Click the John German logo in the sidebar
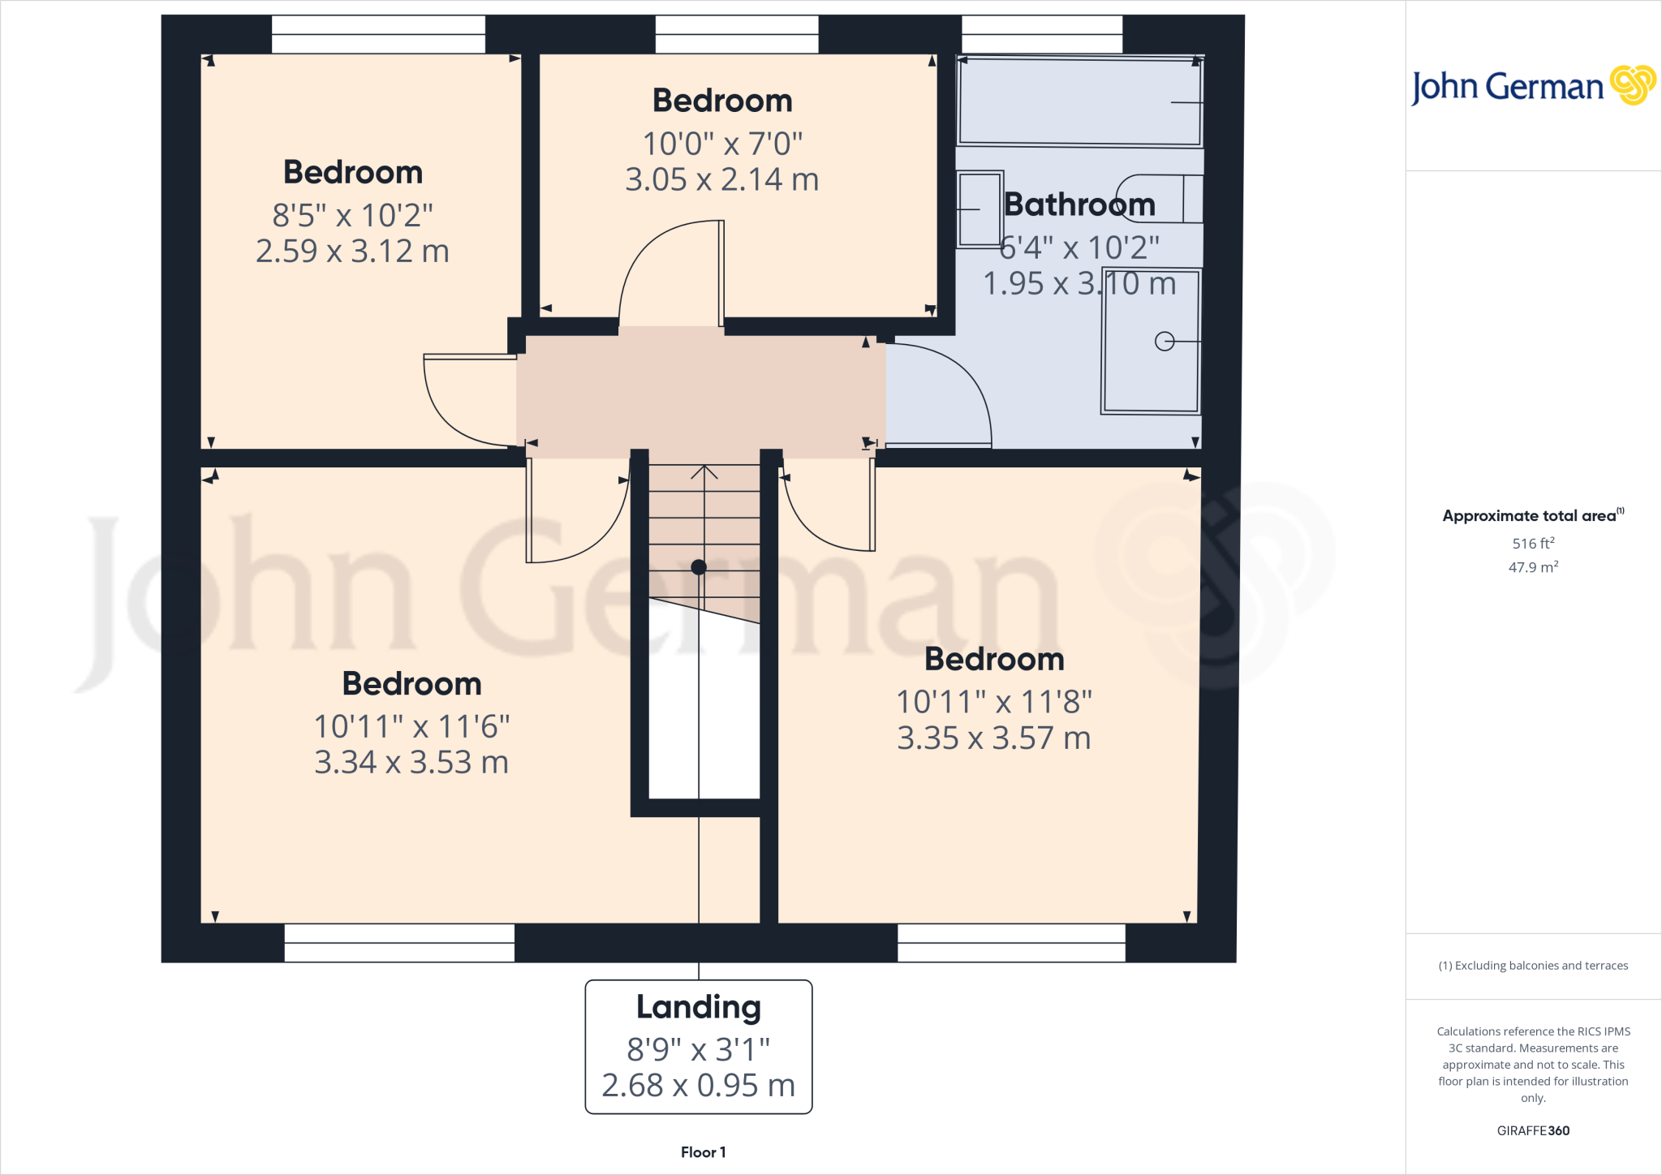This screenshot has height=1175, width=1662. [x=1532, y=86]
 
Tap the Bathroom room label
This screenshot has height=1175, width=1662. [x=1079, y=204]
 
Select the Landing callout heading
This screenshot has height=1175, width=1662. [x=698, y=1007]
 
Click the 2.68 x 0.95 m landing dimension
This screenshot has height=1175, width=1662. [x=698, y=1085]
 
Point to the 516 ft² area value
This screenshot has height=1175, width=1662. [x=1533, y=544]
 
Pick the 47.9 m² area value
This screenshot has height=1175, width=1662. [x=1533, y=567]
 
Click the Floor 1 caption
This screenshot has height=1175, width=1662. [x=703, y=1152]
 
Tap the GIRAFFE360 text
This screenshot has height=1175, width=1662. [x=1533, y=1130]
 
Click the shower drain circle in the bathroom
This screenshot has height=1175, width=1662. [x=1165, y=342]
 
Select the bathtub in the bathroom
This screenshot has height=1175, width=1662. [x=1079, y=101]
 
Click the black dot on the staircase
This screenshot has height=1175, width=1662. [x=699, y=567]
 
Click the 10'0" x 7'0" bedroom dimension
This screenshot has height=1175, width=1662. [x=722, y=144]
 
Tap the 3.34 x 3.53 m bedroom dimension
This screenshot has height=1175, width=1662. [x=411, y=763]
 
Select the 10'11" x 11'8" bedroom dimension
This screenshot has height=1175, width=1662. [x=994, y=702]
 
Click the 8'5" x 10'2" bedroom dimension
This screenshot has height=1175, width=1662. [x=352, y=216]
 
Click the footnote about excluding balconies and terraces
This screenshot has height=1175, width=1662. [x=1533, y=966]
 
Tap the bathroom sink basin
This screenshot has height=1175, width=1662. [x=980, y=209]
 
